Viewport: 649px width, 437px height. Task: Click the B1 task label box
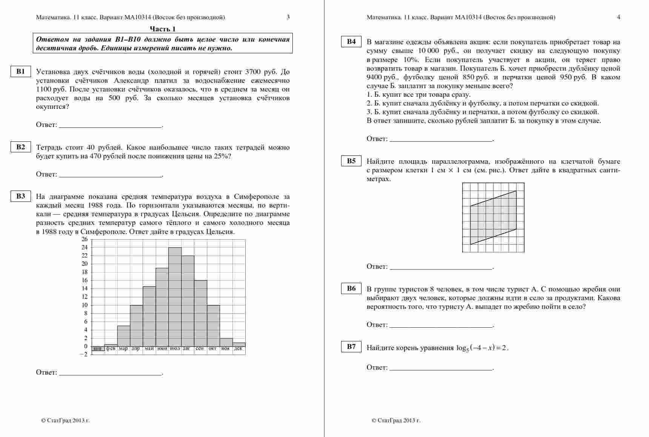click(20, 71)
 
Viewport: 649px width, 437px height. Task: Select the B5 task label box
click(351, 161)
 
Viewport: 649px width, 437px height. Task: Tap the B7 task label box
click(351, 347)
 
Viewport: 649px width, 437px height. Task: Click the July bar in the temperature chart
click(175, 297)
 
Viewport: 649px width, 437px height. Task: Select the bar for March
click(124, 336)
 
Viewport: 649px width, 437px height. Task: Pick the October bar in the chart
click(213, 325)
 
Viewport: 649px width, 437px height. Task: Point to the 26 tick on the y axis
click(85, 239)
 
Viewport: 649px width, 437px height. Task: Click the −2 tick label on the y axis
click(84, 355)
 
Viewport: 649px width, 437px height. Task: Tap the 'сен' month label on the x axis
click(200, 349)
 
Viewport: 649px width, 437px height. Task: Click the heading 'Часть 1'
click(163, 29)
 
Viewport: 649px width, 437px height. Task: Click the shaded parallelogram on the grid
click(493, 217)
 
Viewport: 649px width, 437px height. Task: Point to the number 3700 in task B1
click(253, 72)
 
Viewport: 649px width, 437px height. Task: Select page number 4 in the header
click(618, 17)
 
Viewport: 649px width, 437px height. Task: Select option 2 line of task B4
click(483, 103)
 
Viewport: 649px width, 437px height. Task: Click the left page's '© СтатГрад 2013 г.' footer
click(65, 420)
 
